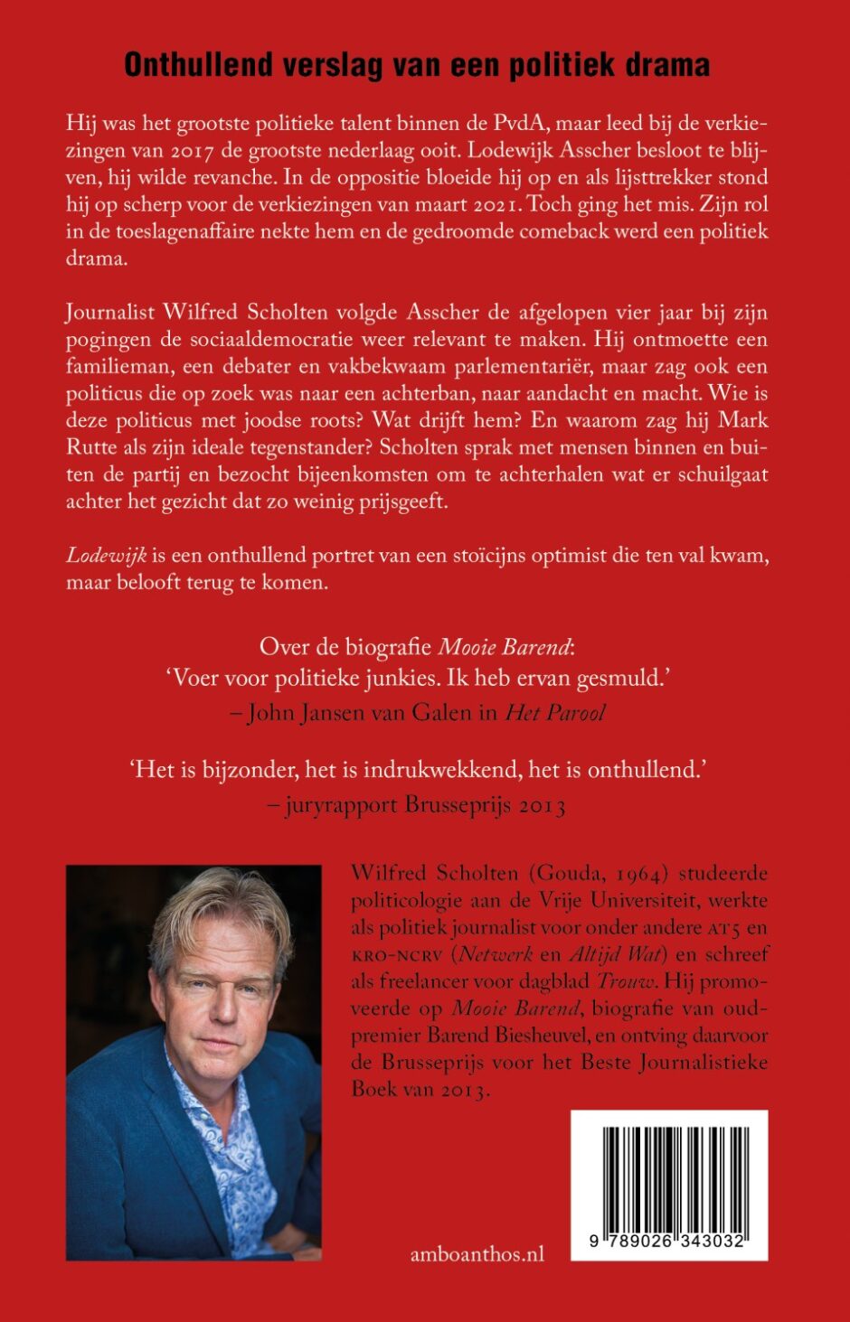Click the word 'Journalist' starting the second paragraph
(109, 313)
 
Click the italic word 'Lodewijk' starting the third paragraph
(97, 555)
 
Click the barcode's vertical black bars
(669, 1176)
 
